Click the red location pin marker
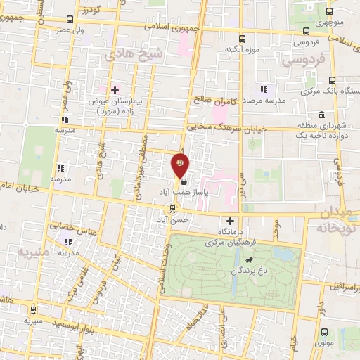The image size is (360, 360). pos(181,165)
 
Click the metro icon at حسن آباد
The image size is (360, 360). pos(173,208)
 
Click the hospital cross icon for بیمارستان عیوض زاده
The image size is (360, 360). pos(115,90)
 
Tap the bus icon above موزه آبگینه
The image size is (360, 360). pos(243,39)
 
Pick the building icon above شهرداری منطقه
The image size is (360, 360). pos(321,115)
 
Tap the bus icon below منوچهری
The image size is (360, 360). pos(306,31)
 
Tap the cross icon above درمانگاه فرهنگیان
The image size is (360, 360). pos(230,221)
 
